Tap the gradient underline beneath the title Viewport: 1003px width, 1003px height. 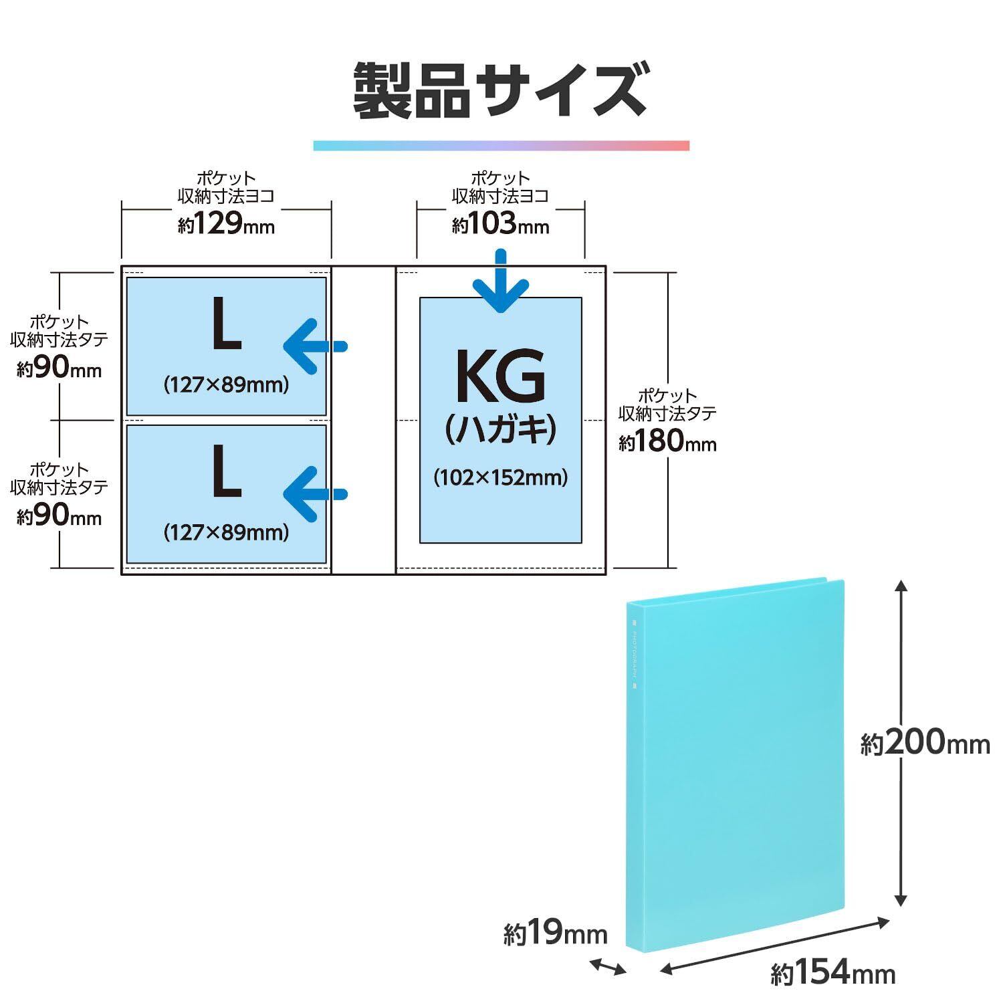click(501, 146)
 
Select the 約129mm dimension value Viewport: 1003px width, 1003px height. click(226, 224)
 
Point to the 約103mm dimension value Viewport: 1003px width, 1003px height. click(500, 224)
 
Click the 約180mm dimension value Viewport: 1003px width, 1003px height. click(667, 441)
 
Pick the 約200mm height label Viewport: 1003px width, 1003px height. click(925, 743)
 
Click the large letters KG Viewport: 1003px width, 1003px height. click(500, 376)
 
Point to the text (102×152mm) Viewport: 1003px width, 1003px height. click(500, 477)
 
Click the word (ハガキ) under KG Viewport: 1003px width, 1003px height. click(500, 429)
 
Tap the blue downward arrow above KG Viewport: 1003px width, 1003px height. click(501, 283)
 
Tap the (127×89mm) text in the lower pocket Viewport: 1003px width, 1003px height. click(226, 532)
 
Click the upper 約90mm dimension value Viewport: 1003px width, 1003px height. click(59, 369)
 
